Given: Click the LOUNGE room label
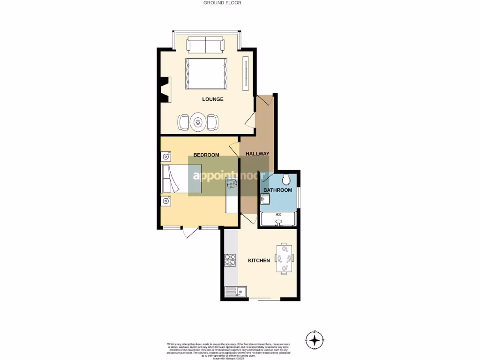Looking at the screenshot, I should tap(212, 99).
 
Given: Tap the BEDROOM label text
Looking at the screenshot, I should tap(206, 155).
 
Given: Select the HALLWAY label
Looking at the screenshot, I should tap(257, 154).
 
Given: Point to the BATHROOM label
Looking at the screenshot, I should tap(277, 190).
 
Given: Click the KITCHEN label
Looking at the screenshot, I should tap(259, 260).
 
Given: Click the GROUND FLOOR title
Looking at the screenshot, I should tap(222, 3).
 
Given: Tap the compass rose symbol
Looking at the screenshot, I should tap(315, 339).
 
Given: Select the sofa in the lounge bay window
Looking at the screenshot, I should tap(205, 45).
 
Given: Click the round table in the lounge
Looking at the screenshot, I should tap(198, 122).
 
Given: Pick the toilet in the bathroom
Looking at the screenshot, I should tap(287, 179).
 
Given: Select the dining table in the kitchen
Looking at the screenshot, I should tap(284, 258).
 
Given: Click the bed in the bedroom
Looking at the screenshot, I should tap(181, 178).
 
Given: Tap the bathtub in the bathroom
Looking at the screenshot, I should tap(278, 218).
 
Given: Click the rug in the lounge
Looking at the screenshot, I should tap(206, 74).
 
